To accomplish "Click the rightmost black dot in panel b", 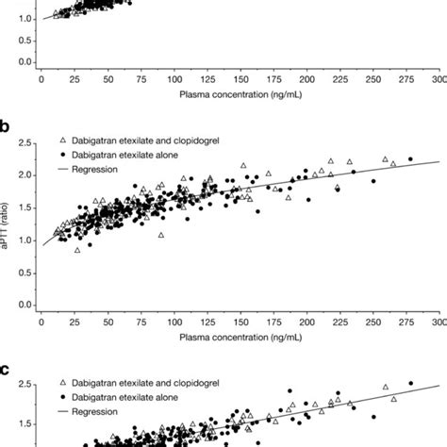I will (x=410, y=159).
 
